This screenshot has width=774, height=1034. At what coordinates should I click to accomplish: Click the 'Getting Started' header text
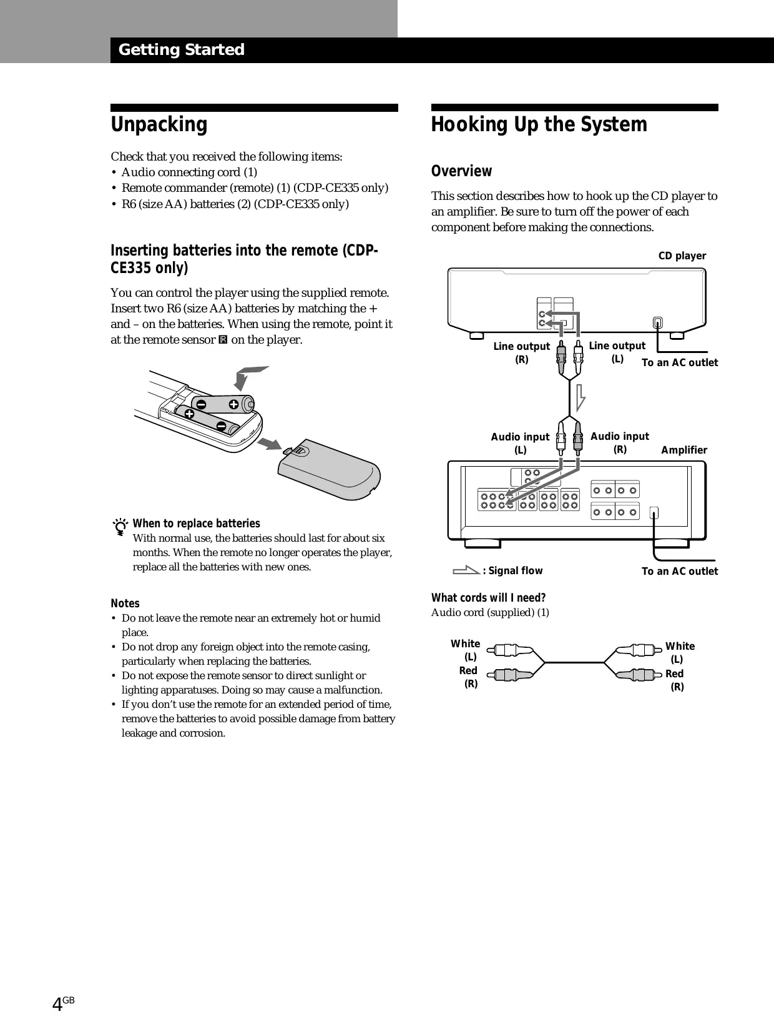click(181, 50)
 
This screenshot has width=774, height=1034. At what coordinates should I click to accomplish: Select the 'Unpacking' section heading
click(159, 125)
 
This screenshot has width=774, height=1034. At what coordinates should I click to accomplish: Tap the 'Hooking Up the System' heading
click(539, 125)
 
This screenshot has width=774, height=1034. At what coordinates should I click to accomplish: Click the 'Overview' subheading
click(461, 171)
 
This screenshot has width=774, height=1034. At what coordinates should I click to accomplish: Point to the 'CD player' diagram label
click(682, 256)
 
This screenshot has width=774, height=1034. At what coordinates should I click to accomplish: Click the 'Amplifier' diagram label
click(684, 450)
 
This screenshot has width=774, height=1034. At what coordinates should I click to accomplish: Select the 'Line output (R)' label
click(522, 353)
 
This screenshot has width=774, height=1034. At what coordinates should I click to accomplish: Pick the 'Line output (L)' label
click(617, 352)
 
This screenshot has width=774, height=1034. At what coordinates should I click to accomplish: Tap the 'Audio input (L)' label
click(520, 443)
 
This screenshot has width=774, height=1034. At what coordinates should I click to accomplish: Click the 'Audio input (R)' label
click(620, 442)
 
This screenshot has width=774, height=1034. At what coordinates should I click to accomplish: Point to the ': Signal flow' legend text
click(512, 571)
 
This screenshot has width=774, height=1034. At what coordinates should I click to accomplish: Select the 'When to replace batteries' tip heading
click(197, 524)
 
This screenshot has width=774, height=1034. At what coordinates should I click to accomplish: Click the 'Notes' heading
click(125, 604)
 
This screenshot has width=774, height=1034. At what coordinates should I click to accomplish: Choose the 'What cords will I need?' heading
click(488, 598)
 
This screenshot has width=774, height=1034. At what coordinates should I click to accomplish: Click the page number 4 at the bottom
click(57, 1005)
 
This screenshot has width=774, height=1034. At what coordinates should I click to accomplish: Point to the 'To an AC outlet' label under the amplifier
click(680, 572)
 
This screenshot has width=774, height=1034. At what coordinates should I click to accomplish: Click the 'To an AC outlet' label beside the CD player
click(680, 363)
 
